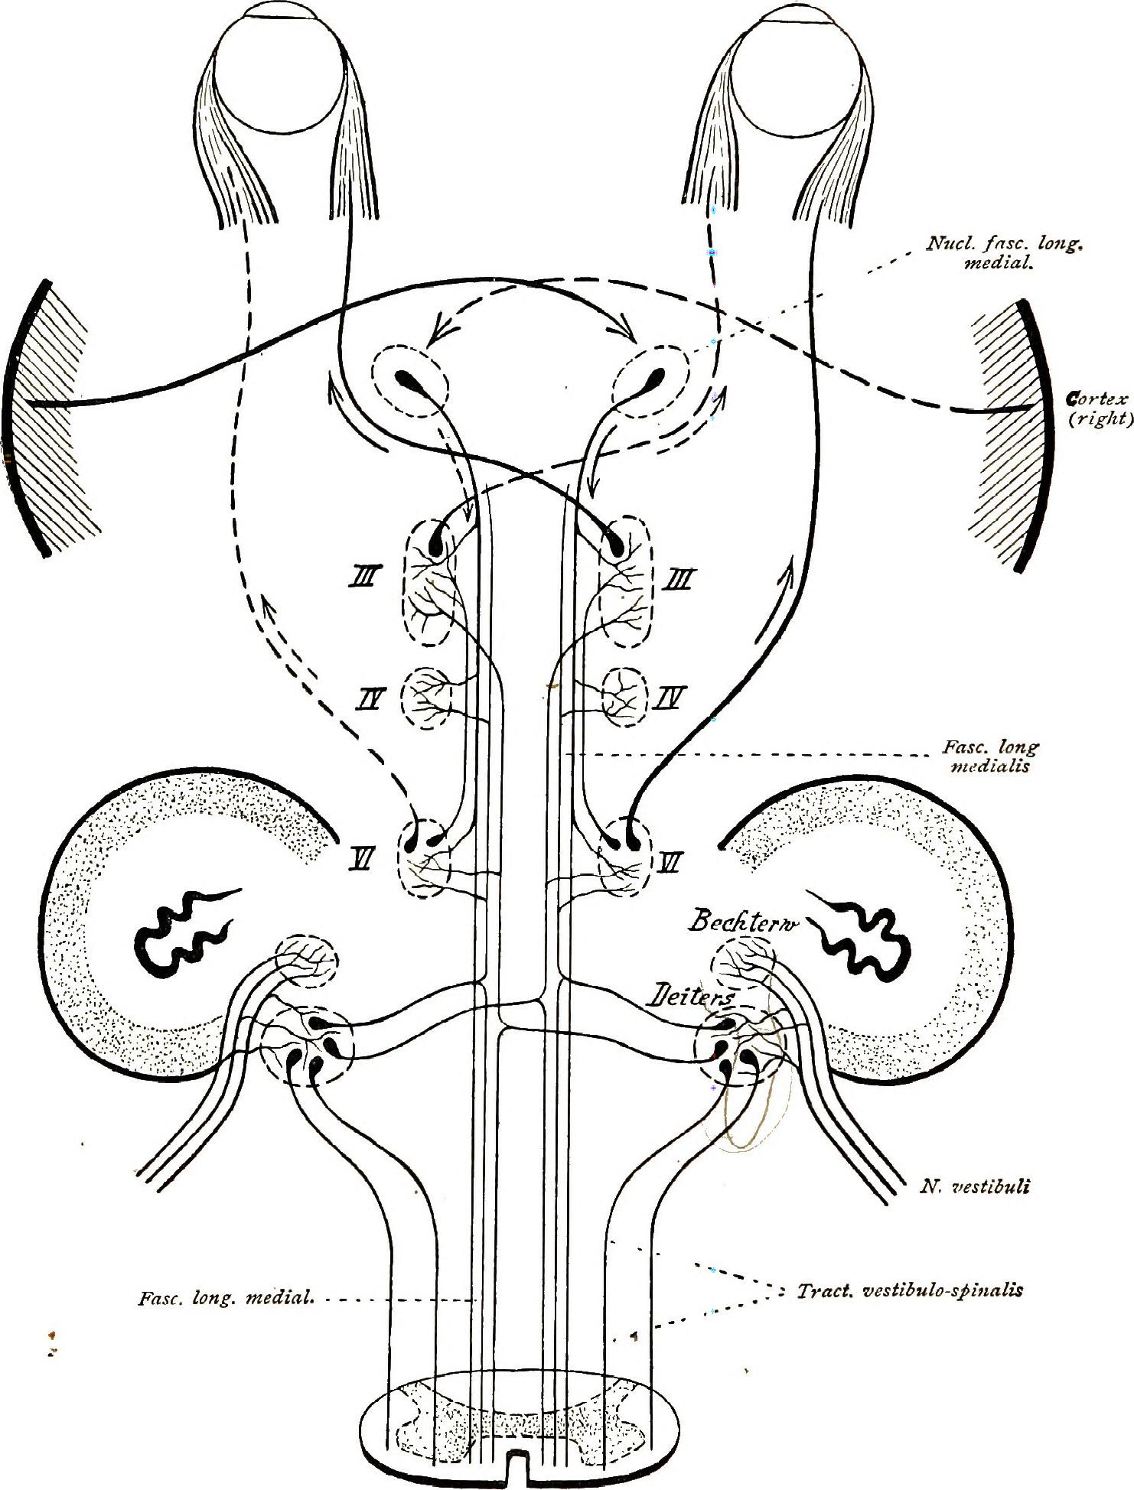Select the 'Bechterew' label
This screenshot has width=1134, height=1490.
click(x=742, y=922)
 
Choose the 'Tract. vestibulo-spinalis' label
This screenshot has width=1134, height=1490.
click(x=909, y=1291)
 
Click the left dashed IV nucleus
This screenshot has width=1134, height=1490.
click(x=426, y=698)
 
